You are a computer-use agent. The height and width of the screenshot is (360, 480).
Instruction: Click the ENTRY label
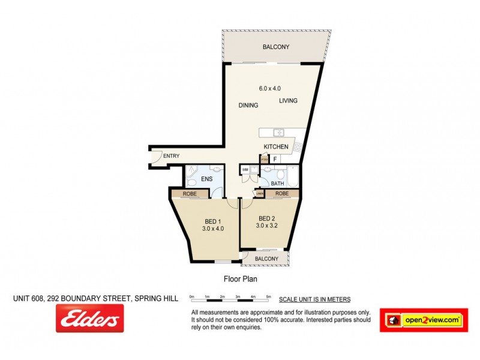click(171, 156)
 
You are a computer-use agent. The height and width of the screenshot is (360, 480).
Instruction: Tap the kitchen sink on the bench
click(278, 132)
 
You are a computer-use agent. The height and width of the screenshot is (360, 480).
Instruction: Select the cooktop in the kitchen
click(297, 146)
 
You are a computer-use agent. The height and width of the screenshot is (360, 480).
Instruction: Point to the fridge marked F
click(275, 159)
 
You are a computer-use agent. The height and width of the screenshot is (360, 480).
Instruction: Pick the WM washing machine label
click(245, 170)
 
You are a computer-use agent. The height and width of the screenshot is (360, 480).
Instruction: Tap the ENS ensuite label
click(206, 178)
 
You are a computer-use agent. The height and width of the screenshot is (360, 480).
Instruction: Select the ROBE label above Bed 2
click(282, 194)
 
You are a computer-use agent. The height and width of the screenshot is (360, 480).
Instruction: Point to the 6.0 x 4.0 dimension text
click(269, 88)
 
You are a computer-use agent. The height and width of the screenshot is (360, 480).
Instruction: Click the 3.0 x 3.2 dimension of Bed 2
click(267, 226)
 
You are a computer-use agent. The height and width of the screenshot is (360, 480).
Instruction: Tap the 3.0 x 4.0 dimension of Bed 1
click(212, 228)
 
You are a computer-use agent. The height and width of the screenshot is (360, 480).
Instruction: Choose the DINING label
click(248, 106)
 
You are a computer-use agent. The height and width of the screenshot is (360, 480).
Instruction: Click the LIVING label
click(288, 101)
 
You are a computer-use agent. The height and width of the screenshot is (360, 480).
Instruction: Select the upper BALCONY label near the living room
click(276, 47)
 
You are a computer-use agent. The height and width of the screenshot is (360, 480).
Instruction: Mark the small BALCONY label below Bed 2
click(266, 259)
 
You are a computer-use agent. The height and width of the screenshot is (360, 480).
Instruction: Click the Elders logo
click(89, 318)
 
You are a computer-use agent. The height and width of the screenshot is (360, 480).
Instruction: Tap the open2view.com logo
click(422, 320)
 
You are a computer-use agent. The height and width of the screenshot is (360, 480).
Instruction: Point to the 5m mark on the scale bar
click(268, 296)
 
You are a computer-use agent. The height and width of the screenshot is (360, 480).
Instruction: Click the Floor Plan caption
click(240, 278)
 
